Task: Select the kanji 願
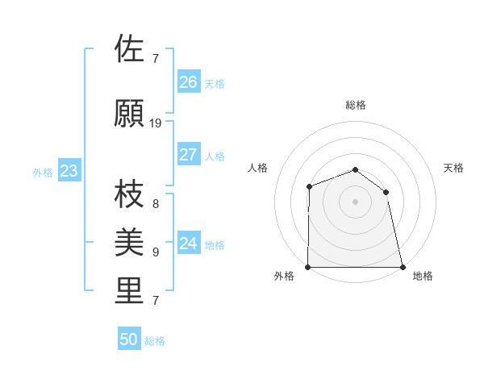coord(130,114)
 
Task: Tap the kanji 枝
coord(130,193)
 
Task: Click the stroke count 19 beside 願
coord(156,123)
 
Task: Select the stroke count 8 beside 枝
coord(156,203)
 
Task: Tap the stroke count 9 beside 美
coord(156,252)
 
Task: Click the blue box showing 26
coord(189,82)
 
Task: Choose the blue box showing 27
coord(189,155)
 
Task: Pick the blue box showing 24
coord(189,244)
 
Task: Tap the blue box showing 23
coord(69,171)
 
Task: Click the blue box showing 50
coord(129,339)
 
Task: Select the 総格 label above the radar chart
coord(356,105)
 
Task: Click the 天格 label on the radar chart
coord(454,168)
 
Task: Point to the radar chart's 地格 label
coord(423,276)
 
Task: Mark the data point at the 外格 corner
coord(308,267)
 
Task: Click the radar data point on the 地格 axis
coord(403,267)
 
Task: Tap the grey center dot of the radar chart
coord(356,201)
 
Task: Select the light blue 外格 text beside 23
coord(43,172)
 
